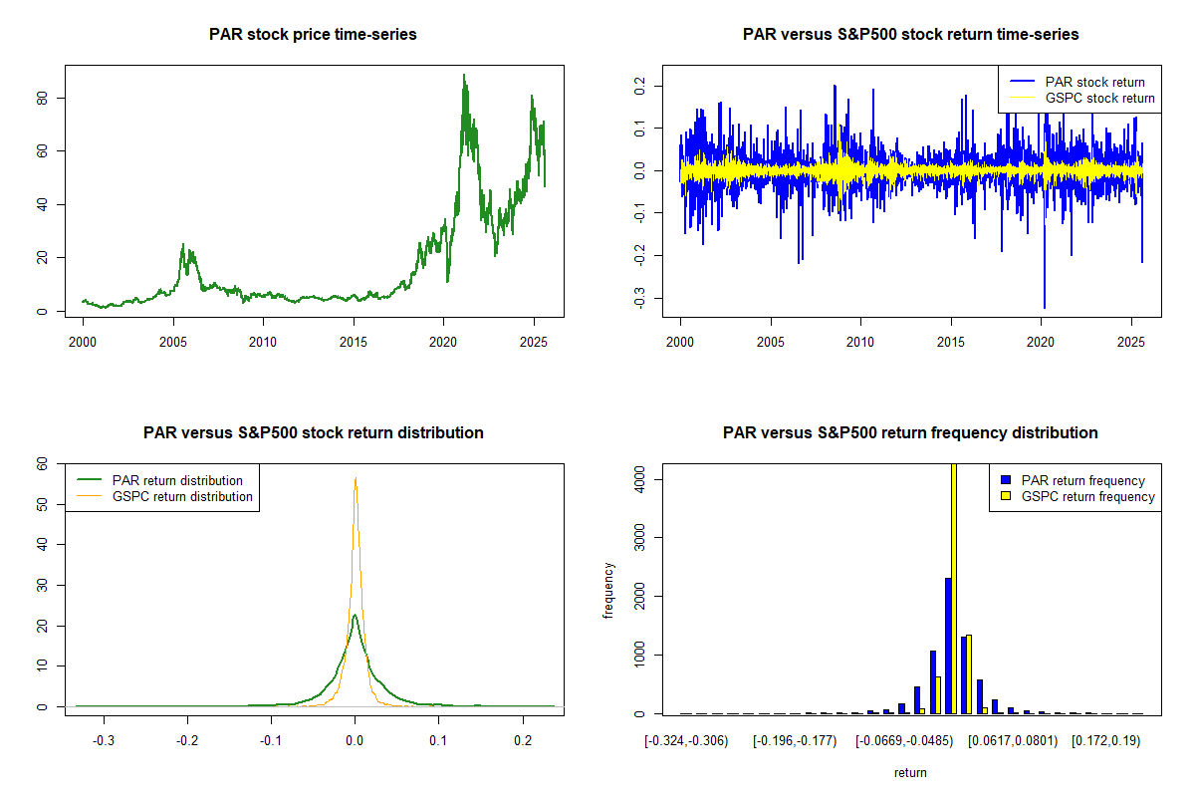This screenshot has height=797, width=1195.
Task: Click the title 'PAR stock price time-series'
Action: (313, 34)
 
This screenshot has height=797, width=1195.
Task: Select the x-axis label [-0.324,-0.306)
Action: (687, 741)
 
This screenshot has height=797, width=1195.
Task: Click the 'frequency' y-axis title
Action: (609, 590)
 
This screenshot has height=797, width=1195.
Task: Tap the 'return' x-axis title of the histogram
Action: (910, 772)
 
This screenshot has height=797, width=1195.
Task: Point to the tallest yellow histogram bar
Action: (954, 588)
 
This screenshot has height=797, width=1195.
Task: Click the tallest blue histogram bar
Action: (948, 646)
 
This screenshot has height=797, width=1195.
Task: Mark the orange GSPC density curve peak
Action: (355, 478)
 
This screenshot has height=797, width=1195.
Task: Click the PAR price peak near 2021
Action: (463, 75)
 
